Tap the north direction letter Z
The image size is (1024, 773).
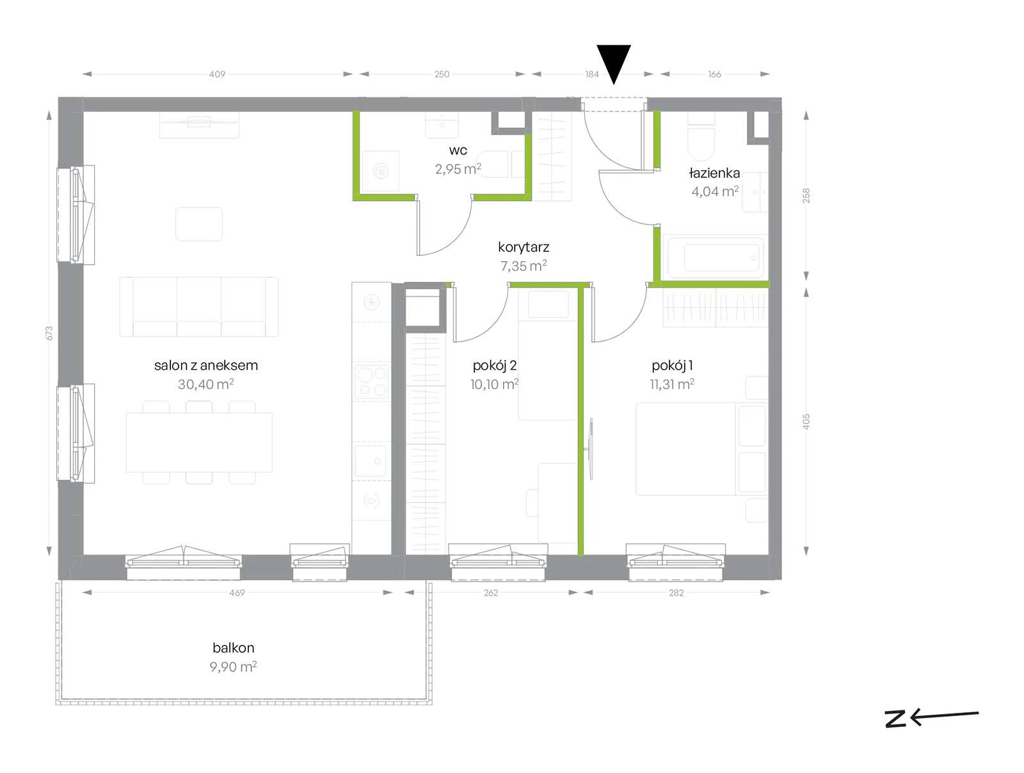895,719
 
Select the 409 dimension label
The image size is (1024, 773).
217,74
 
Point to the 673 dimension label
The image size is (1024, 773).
49,333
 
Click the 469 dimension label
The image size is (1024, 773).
237,593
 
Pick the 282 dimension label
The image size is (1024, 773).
676,593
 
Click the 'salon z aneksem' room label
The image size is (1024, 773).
205,365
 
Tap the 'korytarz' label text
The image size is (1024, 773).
524,247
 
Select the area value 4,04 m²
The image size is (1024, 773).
715,191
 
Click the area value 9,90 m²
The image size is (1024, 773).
233,667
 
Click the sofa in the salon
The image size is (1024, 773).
199,307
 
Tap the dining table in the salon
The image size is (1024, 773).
199,442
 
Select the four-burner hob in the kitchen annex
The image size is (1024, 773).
372,381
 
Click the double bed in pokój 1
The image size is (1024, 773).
701,449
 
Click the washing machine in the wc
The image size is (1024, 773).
381,171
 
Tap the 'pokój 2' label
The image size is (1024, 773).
495,365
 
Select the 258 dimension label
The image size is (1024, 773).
806,195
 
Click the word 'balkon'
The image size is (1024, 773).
233,648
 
